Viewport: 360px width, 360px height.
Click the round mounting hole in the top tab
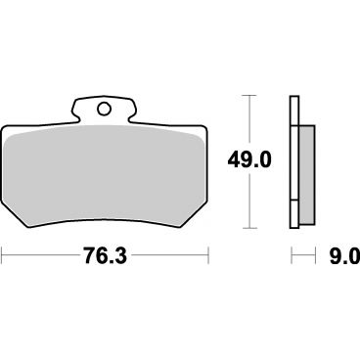coord(104,109)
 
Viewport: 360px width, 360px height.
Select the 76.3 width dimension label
coord(105,255)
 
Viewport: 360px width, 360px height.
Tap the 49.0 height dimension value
coord(249,160)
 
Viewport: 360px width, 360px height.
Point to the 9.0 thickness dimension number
coord(343,255)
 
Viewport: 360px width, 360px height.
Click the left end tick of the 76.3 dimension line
coord(2,255)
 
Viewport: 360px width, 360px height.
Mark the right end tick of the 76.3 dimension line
coord(208,255)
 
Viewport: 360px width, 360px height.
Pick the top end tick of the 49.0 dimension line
coord(249,96)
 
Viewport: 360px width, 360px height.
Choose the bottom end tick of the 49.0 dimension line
coord(249,228)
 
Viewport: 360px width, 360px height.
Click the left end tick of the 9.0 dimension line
coord(292,255)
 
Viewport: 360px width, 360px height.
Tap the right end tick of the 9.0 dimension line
coord(315,255)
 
